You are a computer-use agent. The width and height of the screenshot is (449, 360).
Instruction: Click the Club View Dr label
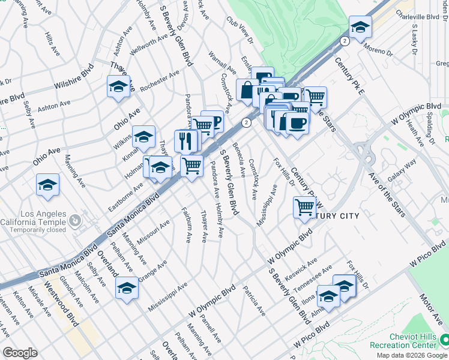pyautogui.click(x=239, y=28)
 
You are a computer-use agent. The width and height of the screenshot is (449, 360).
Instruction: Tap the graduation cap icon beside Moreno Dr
pyautogui.click(x=360, y=27)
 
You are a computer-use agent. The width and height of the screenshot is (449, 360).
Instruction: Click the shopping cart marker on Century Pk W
pyautogui.click(x=304, y=208)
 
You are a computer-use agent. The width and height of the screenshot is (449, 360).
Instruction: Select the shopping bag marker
pyautogui.click(x=247, y=91)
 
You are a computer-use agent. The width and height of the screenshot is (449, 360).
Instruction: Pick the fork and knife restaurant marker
pyautogui.click(x=185, y=141)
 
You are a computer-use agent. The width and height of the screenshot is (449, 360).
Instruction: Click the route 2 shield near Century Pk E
pyautogui.click(x=345, y=41)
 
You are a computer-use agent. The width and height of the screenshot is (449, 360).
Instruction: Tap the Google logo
pyautogui.click(x=20, y=353)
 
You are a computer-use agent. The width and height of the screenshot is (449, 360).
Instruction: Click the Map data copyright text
pyautogui.click(x=412, y=355)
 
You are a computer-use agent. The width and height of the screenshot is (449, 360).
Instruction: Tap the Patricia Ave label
pyautogui.click(x=255, y=301)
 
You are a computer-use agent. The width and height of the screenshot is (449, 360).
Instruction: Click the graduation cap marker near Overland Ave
pyautogui.click(x=127, y=289)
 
